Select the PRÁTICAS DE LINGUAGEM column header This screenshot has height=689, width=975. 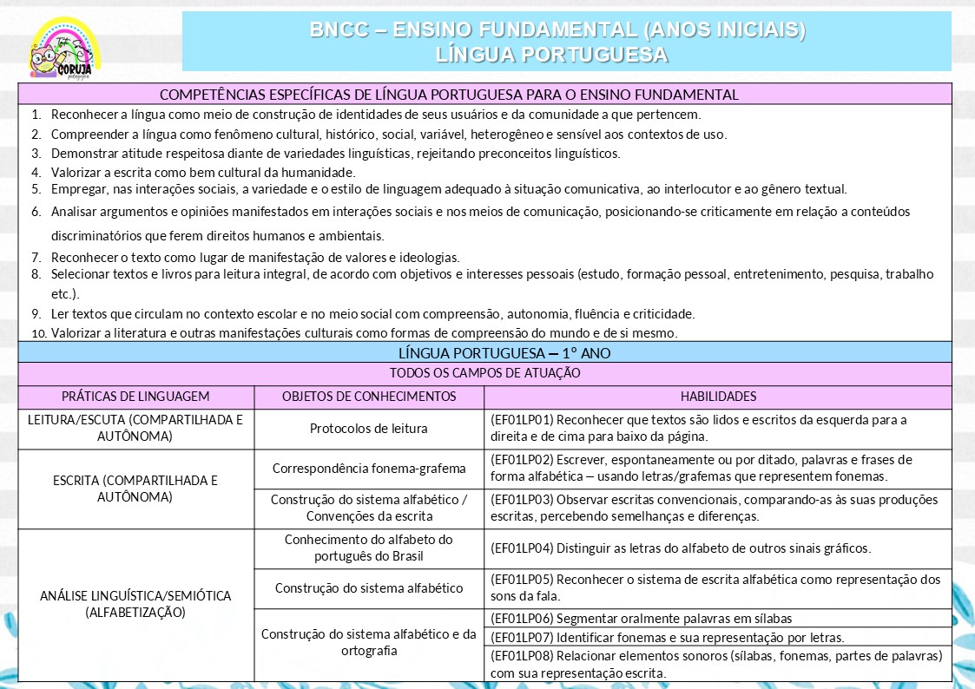[x=135, y=397]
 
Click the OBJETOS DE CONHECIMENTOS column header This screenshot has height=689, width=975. [x=369, y=397]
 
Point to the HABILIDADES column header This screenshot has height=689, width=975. [x=718, y=397]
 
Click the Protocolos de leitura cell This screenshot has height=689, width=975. [x=369, y=429]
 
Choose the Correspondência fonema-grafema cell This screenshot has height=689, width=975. [x=369, y=469]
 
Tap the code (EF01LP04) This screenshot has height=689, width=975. [x=522, y=548]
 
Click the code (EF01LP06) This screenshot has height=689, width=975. [x=522, y=619]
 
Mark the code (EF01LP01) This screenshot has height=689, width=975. [x=522, y=420]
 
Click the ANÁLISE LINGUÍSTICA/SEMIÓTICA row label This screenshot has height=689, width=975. [x=135, y=604]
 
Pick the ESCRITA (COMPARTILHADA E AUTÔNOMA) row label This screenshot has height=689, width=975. [x=135, y=489]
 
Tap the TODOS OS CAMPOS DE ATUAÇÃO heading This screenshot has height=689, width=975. [x=485, y=373]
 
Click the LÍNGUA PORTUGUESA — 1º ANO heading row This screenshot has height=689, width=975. [x=485, y=353]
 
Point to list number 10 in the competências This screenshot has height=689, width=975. [x=37, y=333]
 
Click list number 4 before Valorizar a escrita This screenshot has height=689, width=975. [x=36, y=172]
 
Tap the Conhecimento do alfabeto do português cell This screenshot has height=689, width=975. [x=369, y=548]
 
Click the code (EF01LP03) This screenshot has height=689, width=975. [x=522, y=500]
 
